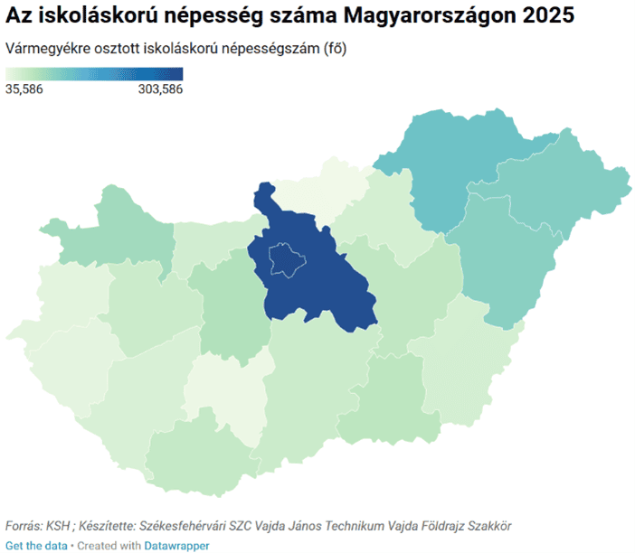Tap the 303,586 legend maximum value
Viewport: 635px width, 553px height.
(160, 89)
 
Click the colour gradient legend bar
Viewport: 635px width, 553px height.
(94, 74)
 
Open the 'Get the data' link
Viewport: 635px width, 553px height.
(36, 546)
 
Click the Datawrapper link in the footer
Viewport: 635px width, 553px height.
(176, 546)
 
